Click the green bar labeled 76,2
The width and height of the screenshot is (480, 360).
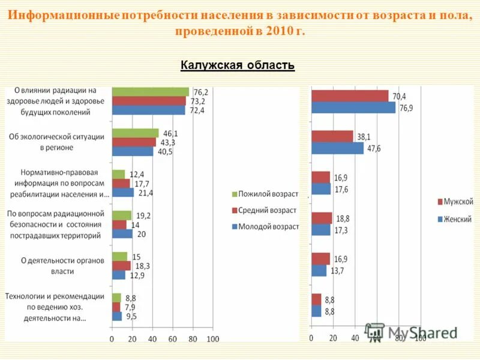point(150,92)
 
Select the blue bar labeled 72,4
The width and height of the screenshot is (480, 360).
point(148,110)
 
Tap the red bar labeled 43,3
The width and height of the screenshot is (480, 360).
point(134,142)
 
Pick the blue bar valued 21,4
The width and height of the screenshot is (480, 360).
point(122,193)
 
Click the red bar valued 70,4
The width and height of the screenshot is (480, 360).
point(350,96)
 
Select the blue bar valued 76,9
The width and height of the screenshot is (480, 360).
point(353,107)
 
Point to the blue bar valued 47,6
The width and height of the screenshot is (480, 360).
point(337,148)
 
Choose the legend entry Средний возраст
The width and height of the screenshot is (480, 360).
point(264,210)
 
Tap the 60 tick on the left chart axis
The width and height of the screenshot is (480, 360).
point(172,340)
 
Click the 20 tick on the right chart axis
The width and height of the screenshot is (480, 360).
point(333,338)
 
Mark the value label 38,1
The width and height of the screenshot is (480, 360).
point(364,136)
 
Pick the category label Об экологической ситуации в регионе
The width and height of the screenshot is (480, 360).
point(57,142)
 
